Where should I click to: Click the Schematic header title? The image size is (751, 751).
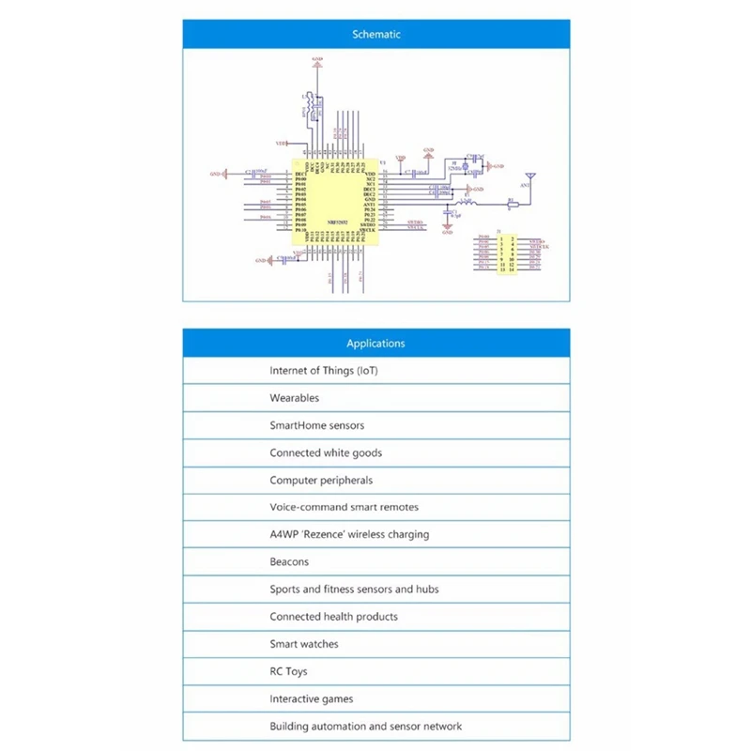pos(375,34)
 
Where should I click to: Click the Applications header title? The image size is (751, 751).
pos(375,344)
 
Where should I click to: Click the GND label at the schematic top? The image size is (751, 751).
pos(316,60)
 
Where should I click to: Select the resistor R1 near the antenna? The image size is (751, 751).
pos(512,203)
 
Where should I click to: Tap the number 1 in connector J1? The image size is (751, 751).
pos(502,239)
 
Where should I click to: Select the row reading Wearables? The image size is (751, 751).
pos(295,398)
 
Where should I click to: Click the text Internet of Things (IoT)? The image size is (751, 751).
pos(324,371)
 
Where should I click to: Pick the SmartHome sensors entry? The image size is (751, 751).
pos(316,425)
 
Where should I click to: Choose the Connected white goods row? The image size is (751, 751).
pos(326,452)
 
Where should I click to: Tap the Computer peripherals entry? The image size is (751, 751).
pos(321,480)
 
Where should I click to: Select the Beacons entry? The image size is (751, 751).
pos(289,561)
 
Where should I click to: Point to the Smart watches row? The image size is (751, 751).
pos(304,644)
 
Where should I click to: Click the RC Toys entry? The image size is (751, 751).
pos(288,671)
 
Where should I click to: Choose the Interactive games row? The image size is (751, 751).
pos(311,698)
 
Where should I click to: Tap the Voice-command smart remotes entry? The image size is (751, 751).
pos(344,507)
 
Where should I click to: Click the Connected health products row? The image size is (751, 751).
pos(333,617)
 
